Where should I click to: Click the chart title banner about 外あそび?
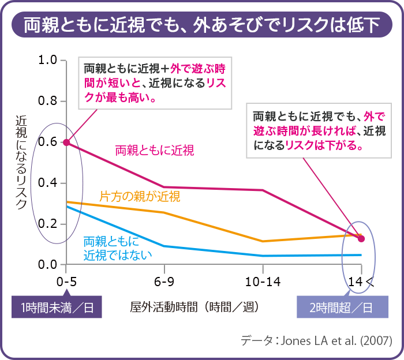[x=202, y=24]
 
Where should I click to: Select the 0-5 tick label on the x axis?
[x=66, y=282]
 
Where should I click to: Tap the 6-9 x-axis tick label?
[x=164, y=282]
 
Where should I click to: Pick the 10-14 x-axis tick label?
[x=263, y=282]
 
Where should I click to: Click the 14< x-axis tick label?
[x=361, y=282]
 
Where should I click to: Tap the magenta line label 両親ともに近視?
[x=154, y=151]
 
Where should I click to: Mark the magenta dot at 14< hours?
[x=361, y=238]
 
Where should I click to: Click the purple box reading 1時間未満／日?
[x=57, y=307]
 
